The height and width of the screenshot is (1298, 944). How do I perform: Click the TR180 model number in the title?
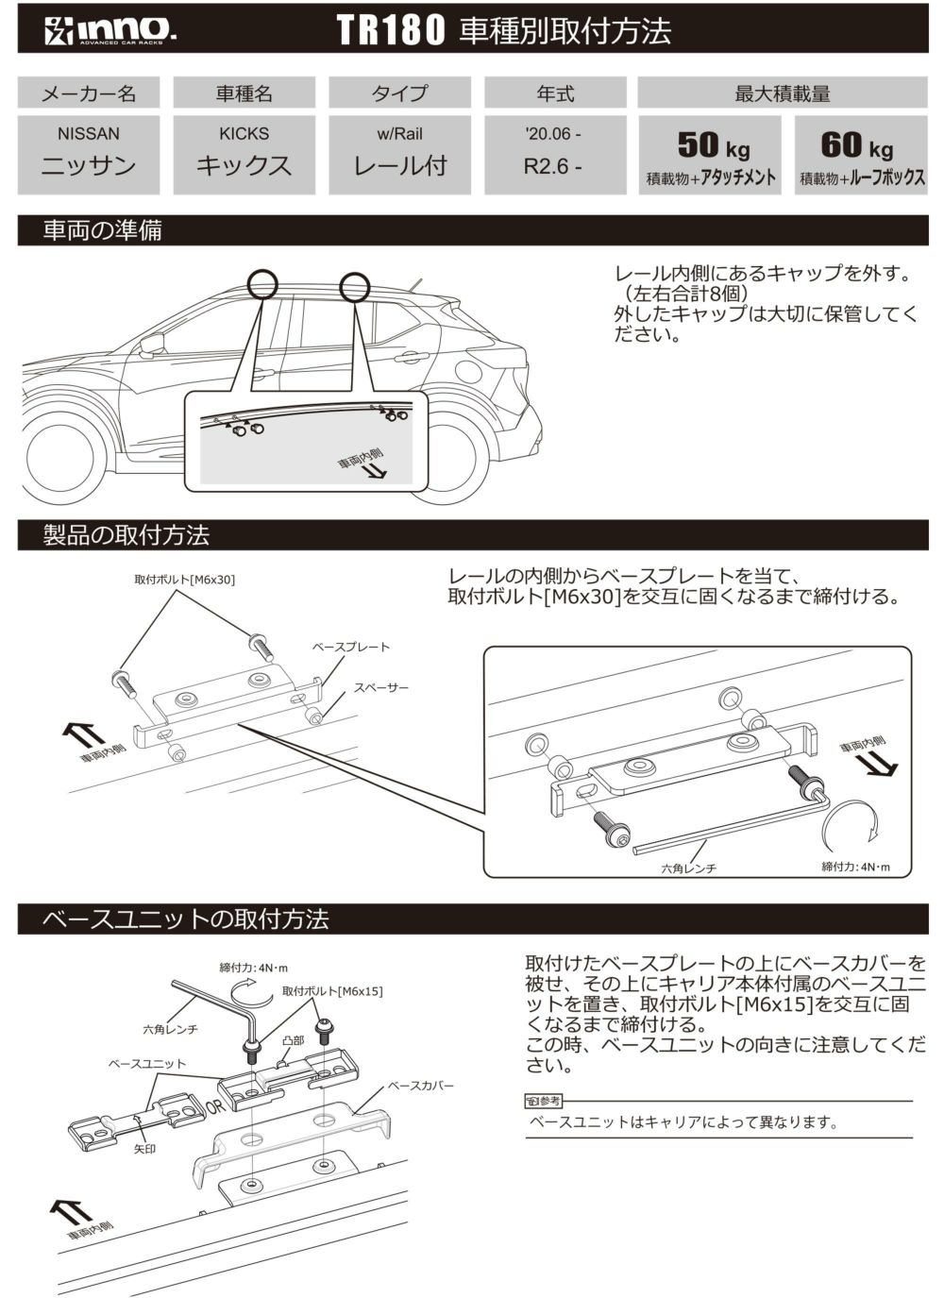coord(390,31)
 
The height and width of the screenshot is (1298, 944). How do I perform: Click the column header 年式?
coord(555,93)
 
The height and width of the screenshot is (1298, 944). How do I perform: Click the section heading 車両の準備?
coord(102,230)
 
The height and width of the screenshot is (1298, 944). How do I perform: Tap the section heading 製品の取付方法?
coord(126,535)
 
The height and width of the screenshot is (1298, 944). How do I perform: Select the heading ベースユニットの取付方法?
coord(186,919)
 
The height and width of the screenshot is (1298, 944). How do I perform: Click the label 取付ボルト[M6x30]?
coord(184,579)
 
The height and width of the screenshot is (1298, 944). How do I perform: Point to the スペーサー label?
coord(381,688)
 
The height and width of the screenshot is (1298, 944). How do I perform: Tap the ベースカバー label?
coord(421,1086)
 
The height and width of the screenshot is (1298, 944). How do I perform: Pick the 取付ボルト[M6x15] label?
coord(332,991)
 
